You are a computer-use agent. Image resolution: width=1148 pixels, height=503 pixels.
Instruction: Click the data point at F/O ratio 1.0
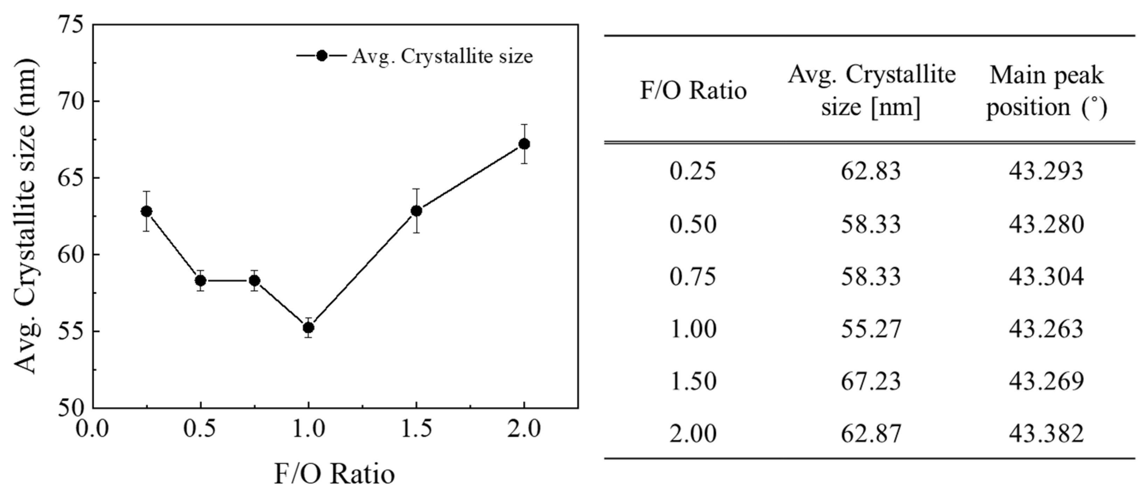click(309, 328)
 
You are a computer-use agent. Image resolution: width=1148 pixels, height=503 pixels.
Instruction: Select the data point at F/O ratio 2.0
click(524, 144)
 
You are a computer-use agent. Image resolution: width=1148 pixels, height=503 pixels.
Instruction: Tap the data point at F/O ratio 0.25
click(147, 211)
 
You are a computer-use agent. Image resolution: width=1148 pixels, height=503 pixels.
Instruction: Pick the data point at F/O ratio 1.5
click(416, 211)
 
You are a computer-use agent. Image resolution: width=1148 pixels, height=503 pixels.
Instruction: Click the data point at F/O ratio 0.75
click(255, 281)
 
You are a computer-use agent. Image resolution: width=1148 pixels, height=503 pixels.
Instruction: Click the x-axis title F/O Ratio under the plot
click(334, 474)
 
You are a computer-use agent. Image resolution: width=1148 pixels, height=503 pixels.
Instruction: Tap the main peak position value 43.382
click(1046, 433)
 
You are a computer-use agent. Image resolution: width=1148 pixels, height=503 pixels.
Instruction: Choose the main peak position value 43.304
click(1046, 277)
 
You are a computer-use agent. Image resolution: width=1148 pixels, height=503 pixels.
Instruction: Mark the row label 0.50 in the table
click(693, 224)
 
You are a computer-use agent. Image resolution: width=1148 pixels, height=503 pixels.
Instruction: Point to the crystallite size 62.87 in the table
click(871, 433)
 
